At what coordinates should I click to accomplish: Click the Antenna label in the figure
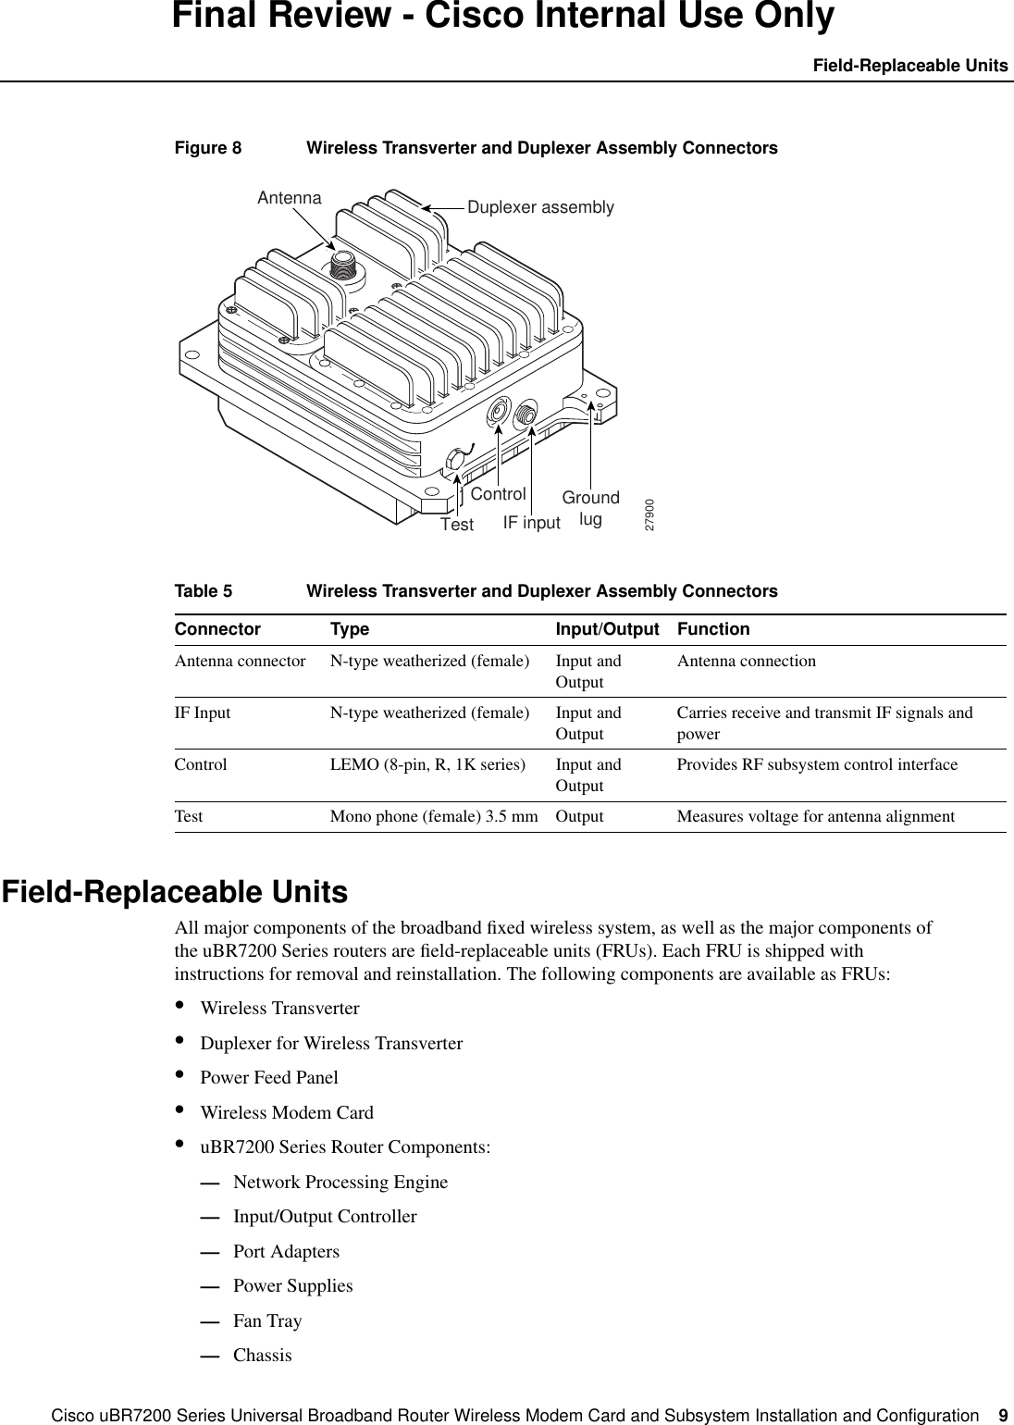[289, 198]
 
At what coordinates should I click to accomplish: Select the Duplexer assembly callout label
[540, 207]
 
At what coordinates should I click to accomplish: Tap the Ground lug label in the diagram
[590, 509]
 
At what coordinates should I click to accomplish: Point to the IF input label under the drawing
[531, 523]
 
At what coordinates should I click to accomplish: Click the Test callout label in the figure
[456, 525]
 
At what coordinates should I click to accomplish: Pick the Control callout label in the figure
[498, 494]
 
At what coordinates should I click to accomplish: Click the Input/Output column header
[607, 629]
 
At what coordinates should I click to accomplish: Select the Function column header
[713, 629]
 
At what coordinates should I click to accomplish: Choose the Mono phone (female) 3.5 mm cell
[434, 817]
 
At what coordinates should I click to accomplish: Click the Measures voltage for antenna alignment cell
[815, 817]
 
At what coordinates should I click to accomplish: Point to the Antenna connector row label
[240, 662]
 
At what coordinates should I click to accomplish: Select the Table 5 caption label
[204, 591]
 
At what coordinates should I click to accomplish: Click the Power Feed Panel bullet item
[269, 1078]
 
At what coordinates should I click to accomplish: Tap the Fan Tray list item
[267, 1320]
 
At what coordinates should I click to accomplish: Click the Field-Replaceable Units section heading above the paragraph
[175, 893]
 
